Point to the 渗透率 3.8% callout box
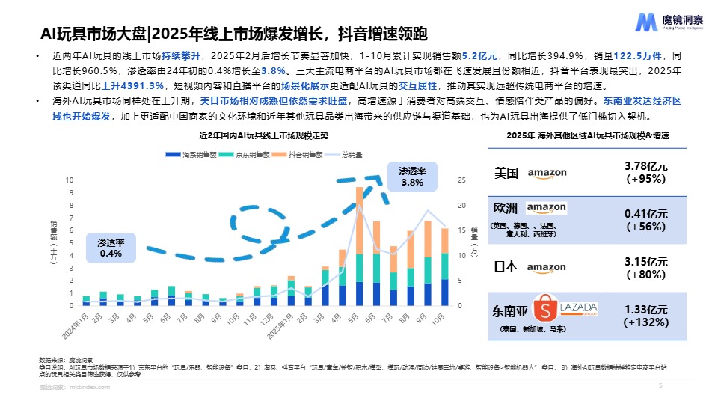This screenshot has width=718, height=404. [x=411, y=177]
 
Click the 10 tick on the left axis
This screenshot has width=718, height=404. [x=70, y=180]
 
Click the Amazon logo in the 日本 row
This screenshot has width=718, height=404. [x=546, y=267]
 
